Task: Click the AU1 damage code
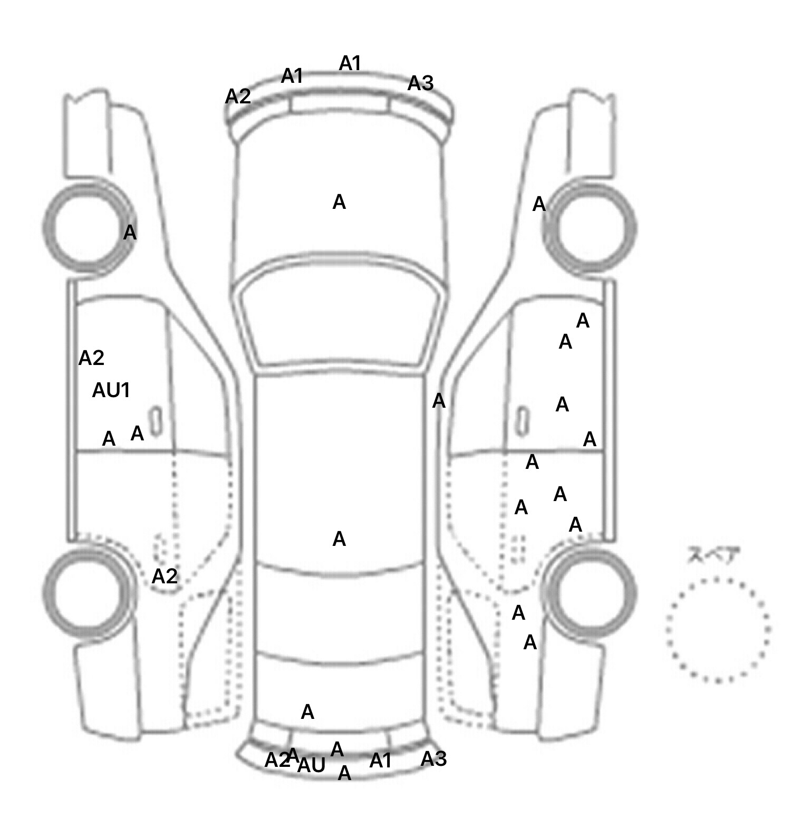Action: click(x=111, y=391)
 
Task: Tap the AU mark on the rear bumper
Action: click(x=311, y=765)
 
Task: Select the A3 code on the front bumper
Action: click(x=420, y=83)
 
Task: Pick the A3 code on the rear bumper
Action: click(x=433, y=759)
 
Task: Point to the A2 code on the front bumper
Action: click(x=238, y=97)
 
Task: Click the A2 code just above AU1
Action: click(x=91, y=359)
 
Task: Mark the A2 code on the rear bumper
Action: click(x=277, y=760)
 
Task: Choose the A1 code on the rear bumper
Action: click(x=380, y=761)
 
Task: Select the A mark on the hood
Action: click(x=339, y=202)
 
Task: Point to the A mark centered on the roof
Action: click(x=339, y=539)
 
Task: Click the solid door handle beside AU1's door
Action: click(x=155, y=421)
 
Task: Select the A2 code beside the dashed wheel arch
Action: click(x=165, y=576)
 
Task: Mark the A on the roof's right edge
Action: click(x=438, y=401)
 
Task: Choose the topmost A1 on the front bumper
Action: click(x=350, y=63)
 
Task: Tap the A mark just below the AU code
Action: click(x=344, y=773)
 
